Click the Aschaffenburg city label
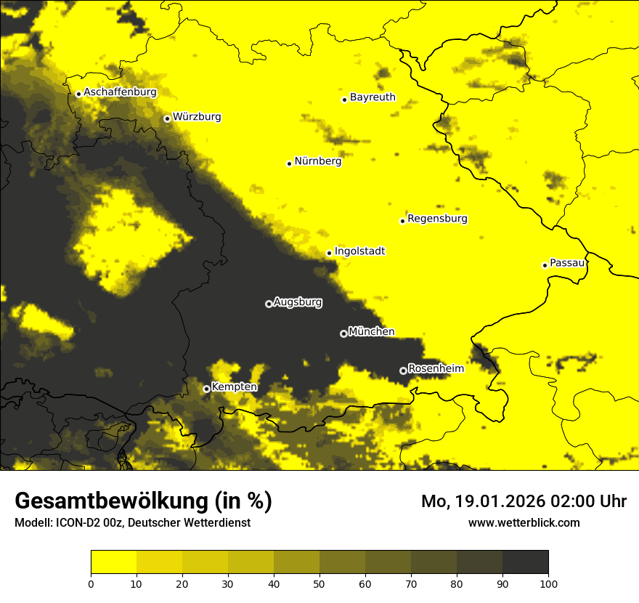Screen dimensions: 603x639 pos(120,92)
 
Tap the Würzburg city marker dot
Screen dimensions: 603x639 pos(167,118)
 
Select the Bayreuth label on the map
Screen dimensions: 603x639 pos(373,97)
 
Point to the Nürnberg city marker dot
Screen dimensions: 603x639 pos(289,163)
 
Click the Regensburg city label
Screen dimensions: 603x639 pos(437,218)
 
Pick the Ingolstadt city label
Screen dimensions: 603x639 pos(359,251)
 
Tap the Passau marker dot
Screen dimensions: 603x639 pos(545,265)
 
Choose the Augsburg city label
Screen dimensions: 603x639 pos(298,301)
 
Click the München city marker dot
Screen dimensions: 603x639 pos(343,333)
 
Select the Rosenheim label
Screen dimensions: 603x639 pos(436,368)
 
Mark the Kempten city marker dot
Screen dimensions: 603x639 pos(206,389)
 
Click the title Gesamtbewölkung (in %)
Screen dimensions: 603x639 pos(143,501)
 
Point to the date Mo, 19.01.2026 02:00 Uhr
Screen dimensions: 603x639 pos(524,501)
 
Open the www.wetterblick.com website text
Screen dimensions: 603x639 pos(524,522)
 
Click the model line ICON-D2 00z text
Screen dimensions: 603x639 pos(132,522)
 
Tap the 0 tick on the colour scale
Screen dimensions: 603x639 pos(91,583)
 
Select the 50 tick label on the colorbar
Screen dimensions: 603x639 pos(319,583)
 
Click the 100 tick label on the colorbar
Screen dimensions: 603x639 pos(548,583)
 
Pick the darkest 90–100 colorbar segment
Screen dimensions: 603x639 pos(525,562)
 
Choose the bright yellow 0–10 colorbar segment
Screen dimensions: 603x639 pos(113,562)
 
